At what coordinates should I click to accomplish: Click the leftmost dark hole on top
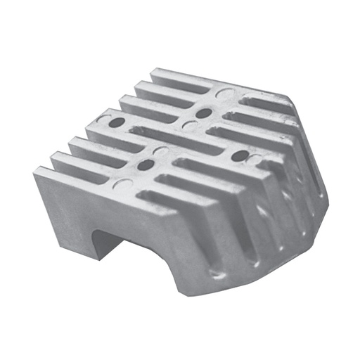tap(116, 122)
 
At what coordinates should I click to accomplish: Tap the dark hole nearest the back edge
tap(204, 112)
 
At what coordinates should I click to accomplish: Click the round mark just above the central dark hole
tap(163, 149)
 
